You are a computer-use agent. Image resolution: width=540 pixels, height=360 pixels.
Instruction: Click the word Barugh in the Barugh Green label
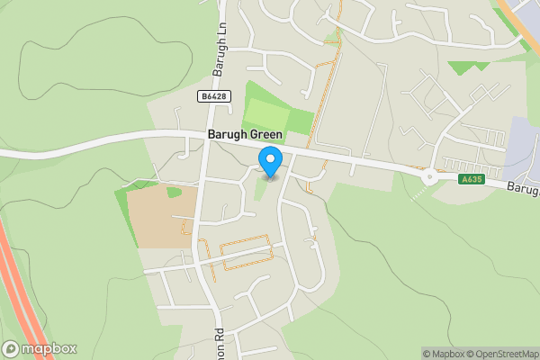coord(225,135)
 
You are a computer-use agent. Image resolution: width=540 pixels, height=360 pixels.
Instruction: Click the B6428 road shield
coord(212,95)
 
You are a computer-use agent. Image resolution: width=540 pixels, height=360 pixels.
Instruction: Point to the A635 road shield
coord(471,179)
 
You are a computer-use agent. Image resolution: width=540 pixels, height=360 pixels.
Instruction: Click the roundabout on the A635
coord(429,176)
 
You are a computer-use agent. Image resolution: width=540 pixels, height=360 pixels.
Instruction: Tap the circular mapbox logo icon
coord(12,348)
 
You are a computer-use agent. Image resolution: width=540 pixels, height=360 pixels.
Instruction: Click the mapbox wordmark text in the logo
coord(49,348)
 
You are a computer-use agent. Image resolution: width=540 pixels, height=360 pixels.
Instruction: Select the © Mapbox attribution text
coord(444,354)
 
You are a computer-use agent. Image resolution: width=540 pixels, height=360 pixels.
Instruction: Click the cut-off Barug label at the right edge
coord(522,190)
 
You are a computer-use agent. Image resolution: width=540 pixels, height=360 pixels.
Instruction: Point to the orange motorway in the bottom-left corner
coord(22,297)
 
